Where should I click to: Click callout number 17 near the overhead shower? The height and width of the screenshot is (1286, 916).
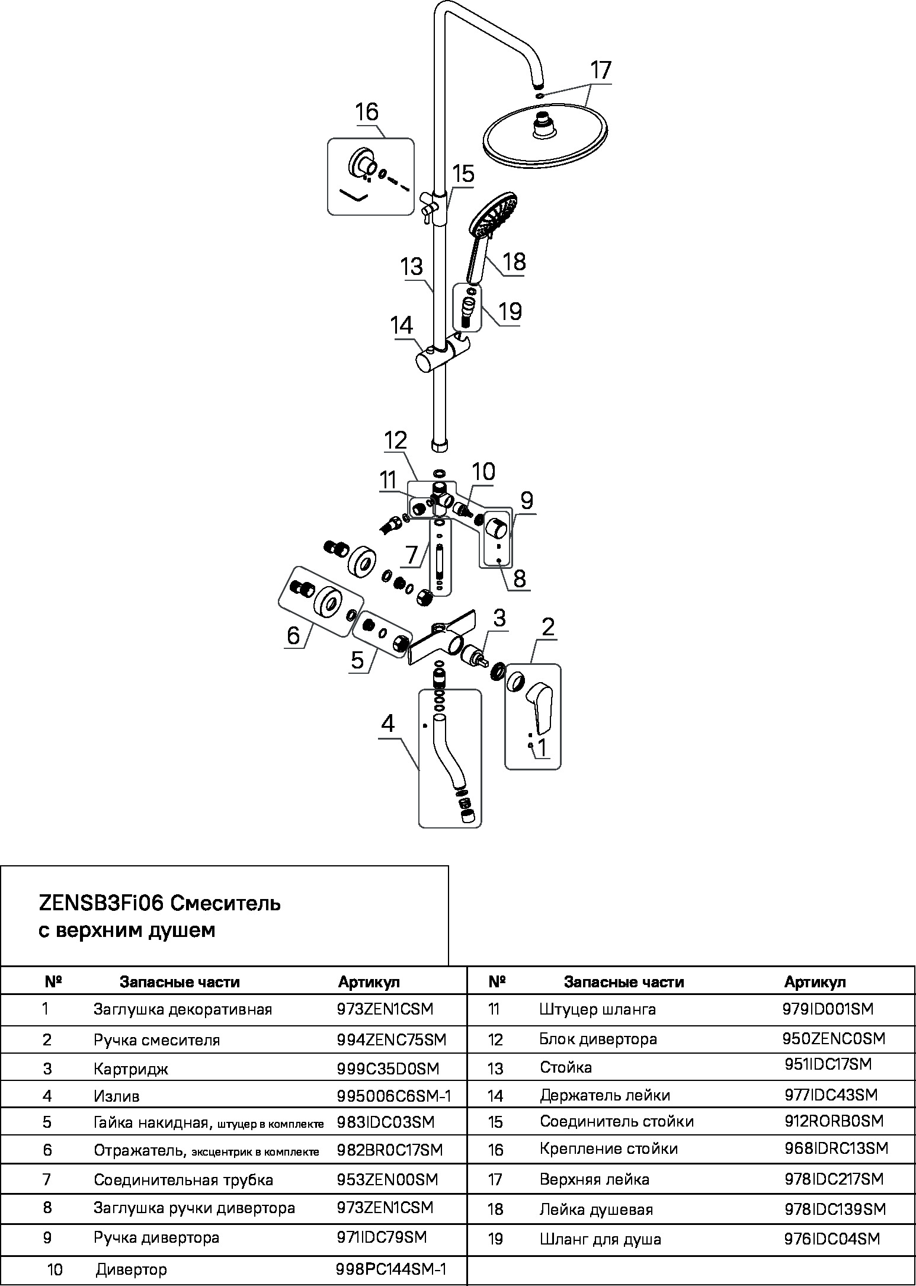[600, 71]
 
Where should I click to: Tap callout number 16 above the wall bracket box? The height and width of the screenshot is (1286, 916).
[367, 112]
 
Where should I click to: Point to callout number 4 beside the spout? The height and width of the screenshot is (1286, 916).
[387, 724]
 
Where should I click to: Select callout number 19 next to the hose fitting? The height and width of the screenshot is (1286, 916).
[510, 311]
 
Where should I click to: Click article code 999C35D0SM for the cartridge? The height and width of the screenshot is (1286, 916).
[387, 1069]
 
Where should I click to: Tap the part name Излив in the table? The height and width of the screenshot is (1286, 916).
[116, 1096]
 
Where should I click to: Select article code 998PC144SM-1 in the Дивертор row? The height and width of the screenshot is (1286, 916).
[391, 1268]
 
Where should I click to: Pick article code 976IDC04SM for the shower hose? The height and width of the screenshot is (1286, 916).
[832, 1239]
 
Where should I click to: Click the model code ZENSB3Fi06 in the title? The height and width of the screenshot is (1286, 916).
[101, 904]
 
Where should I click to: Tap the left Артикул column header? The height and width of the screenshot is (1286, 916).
[369, 982]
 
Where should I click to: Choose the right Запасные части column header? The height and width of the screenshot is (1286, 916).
[623, 982]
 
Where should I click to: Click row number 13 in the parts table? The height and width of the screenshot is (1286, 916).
[495, 1069]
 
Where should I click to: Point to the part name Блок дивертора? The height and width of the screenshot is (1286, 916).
[598, 1039]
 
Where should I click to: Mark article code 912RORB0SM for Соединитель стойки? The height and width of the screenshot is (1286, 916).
[834, 1121]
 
